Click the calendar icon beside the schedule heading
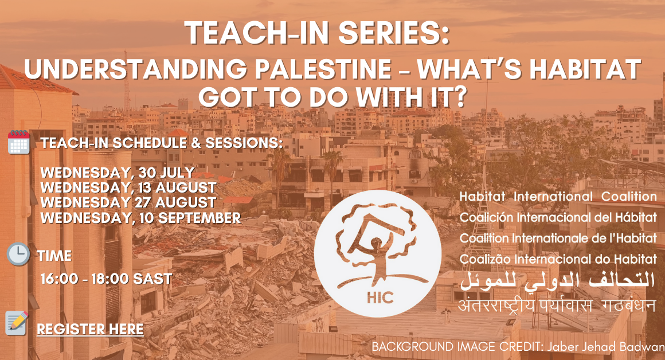click(x=19, y=142)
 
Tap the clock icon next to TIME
click(x=18, y=254)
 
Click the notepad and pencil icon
click(x=17, y=323)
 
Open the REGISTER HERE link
click(x=90, y=329)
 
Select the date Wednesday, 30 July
click(x=118, y=173)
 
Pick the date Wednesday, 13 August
click(x=128, y=187)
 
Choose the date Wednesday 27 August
click(x=128, y=202)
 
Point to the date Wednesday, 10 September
click(x=141, y=218)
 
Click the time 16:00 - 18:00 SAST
click(x=107, y=279)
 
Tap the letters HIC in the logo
click(x=380, y=298)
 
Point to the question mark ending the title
click(x=459, y=97)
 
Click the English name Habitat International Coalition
click(x=558, y=197)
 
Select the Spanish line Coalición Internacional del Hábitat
click(x=558, y=217)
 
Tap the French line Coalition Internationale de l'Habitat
click(x=558, y=238)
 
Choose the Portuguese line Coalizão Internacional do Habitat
click(x=558, y=259)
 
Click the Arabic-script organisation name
click(x=558, y=281)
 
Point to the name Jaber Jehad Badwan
click(x=605, y=347)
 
